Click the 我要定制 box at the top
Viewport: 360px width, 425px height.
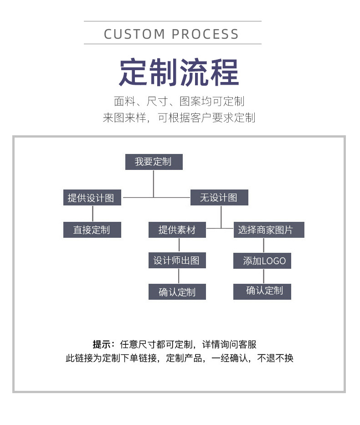point(154,162)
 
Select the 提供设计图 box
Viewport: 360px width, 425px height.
point(92,198)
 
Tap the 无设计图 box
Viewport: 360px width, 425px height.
point(219,198)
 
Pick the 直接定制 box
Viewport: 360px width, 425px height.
point(92,230)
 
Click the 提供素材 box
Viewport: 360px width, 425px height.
point(177,230)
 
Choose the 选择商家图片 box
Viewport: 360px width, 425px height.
point(268,230)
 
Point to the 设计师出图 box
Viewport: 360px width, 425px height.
point(177,261)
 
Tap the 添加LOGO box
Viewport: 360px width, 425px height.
point(262,261)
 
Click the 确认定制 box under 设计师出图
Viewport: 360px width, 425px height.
point(177,292)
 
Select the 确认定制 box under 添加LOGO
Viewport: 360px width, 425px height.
point(262,291)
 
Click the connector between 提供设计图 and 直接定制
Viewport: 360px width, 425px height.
point(93,214)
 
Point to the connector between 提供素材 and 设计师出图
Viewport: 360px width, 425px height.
point(179,245)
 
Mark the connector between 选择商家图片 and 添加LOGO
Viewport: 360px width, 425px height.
point(263,246)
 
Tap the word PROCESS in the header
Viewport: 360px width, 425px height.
point(205,34)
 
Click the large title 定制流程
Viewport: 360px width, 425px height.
point(179,72)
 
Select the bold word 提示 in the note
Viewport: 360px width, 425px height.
point(102,344)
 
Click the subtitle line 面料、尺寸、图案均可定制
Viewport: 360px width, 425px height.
point(179,101)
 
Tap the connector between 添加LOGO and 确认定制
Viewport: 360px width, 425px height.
point(263,276)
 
